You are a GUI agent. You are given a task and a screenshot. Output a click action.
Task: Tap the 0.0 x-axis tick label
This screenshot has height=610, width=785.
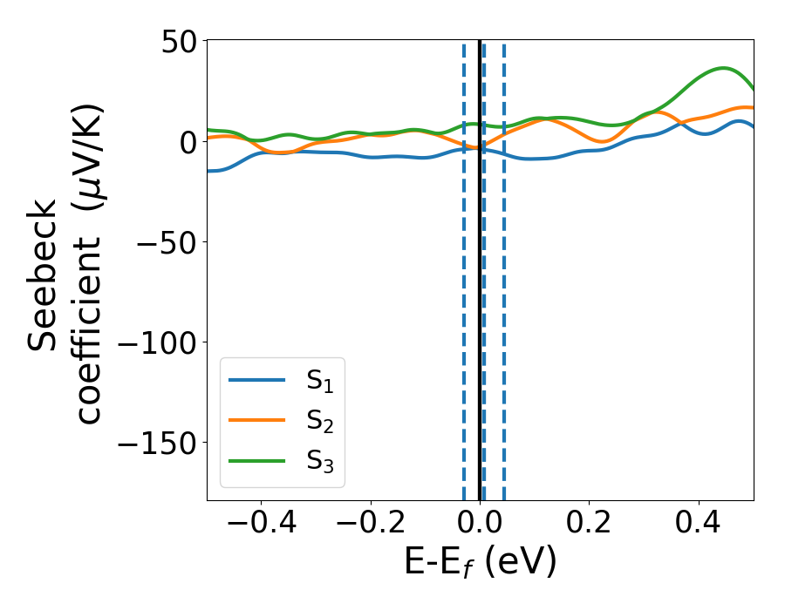(x=480, y=527)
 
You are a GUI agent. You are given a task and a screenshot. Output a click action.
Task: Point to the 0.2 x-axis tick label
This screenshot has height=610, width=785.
(x=590, y=527)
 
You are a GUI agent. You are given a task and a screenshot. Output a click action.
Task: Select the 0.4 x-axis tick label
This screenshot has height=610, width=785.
(x=699, y=527)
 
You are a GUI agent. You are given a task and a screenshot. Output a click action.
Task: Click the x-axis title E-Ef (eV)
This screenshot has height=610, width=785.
(x=480, y=563)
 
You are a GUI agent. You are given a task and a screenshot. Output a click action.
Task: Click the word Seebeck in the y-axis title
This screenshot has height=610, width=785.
(x=43, y=274)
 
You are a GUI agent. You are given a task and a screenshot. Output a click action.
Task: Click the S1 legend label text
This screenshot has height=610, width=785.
(x=320, y=381)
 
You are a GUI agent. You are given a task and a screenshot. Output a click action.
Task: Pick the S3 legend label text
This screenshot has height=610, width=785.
(x=320, y=460)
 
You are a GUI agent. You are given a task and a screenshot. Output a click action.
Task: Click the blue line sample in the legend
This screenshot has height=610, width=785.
(x=256, y=380)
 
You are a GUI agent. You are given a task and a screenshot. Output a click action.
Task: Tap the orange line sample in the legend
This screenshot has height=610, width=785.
(x=256, y=419)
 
